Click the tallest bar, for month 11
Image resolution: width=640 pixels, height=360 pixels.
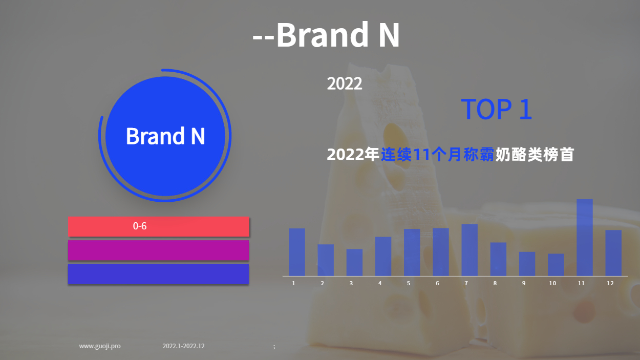pos(585,238)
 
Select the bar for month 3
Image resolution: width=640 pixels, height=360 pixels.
pos(354,262)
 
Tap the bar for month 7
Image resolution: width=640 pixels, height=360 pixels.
pos(470,250)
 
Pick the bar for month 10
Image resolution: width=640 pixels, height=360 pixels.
pos(556,265)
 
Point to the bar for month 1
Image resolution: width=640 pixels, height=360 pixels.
pos(297,252)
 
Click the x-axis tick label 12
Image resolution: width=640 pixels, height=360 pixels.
pos(610,283)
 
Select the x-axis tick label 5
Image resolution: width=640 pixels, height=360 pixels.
pos(409,283)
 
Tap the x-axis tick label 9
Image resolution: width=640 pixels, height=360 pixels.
pos(524,283)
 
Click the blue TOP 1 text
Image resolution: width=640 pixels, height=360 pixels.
pos(496,109)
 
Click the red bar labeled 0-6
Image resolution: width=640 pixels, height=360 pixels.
pos(159,226)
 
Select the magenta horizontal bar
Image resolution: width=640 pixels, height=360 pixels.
pos(159,250)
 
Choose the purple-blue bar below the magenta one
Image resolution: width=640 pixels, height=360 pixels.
pos(159,274)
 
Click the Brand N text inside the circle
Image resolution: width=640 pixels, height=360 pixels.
pos(165,136)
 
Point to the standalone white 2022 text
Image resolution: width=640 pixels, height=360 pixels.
pos(345,83)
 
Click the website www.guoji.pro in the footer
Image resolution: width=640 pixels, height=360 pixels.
pos(100,346)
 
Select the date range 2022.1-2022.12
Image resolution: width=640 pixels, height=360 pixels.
pos(183,346)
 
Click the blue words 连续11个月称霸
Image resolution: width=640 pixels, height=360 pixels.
pos(437,155)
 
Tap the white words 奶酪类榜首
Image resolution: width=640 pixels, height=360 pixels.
pos(535,155)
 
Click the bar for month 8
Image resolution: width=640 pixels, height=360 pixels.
pos(498,259)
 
